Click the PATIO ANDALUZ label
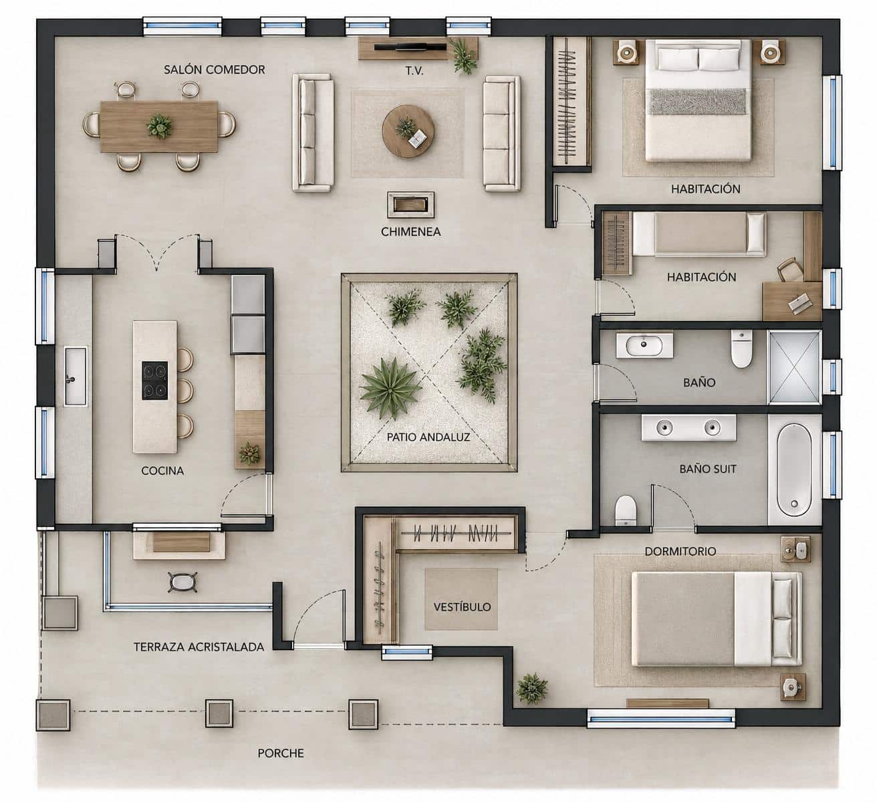428,437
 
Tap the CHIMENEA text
410,232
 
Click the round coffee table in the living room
408,132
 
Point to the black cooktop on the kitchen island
155,380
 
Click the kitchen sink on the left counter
75,377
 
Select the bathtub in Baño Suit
794,470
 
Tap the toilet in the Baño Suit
625,510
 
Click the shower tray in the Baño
795,367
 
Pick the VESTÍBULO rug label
462,607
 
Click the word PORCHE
281,753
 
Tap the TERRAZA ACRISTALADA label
199,647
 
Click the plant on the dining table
159,126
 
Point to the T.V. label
414,71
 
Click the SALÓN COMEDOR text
214,70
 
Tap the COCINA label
162,471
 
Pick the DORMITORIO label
680,551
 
